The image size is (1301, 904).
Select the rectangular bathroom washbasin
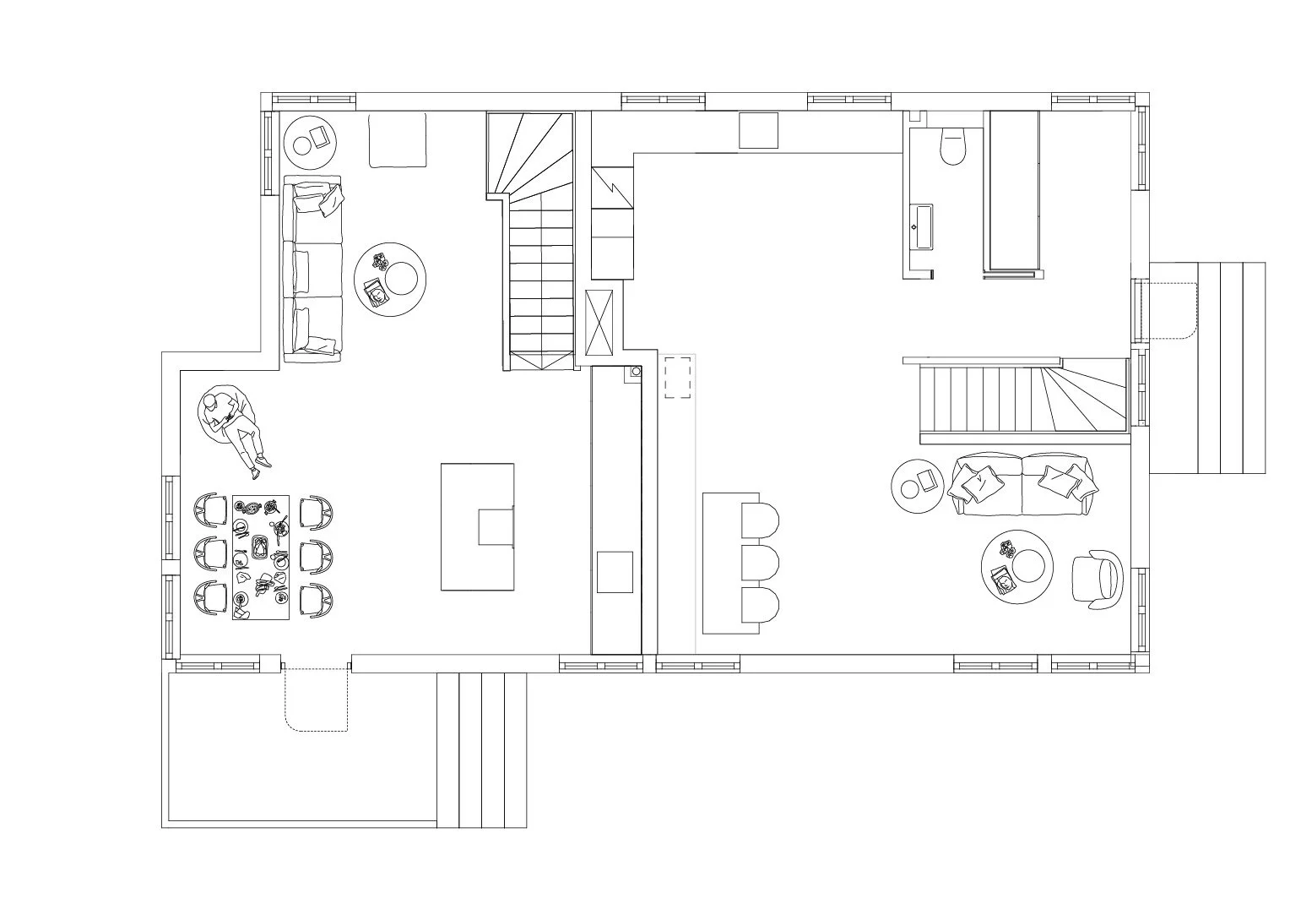[x=921, y=226]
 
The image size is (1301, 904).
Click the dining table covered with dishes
[x=261, y=557]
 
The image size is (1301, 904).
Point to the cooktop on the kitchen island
[x=496, y=528]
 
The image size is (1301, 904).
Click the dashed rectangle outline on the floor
[x=678, y=376]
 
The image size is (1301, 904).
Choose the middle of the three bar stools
[x=759, y=562]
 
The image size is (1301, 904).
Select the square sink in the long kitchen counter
[x=615, y=572]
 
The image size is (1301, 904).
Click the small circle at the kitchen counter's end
[x=634, y=371]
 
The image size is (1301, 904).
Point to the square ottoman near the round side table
[x=397, y=140]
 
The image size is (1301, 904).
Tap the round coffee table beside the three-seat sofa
[x=389, y=280]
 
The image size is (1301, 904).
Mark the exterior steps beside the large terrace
[x=481, y=749]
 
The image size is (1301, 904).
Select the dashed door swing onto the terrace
[x=317, y=699]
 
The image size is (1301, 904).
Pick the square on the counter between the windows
[x=758, y=130]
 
